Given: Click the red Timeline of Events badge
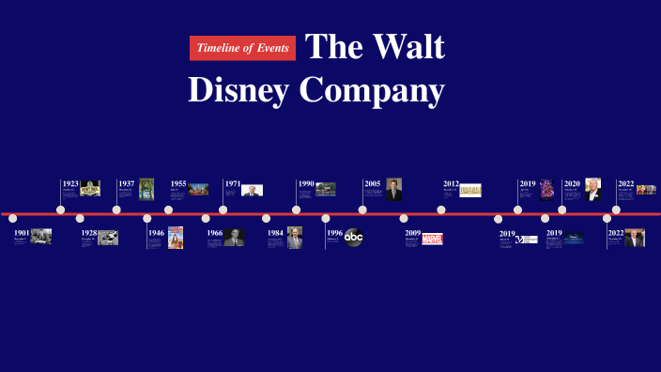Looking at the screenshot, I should [242, 48].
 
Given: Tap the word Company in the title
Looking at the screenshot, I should [372, 90].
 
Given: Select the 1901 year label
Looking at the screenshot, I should [22, 232].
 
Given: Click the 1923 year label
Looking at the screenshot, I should [70, 184].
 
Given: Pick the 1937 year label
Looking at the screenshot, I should [127, 184].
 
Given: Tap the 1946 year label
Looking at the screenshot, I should [157, 232].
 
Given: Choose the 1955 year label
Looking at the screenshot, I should [178, 184].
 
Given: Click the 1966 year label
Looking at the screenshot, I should [215, 232].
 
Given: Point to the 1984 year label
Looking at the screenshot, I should [275, 232].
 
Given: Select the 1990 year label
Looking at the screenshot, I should [306, 184].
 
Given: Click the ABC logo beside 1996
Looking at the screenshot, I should [353, 238].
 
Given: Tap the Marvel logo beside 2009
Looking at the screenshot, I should [432, 239].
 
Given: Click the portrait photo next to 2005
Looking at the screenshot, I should [394, 189].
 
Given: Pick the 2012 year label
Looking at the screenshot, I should [452, 184].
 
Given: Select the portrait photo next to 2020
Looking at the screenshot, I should [592, 189].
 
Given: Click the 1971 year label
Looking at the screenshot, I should [233, 184].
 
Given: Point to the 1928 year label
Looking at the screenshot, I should [89, 232].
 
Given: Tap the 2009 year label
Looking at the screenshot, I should [413, 232].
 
